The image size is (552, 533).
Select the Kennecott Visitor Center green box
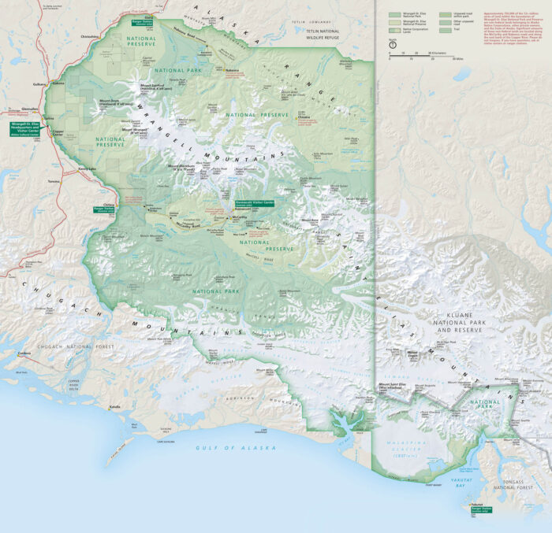tap(254, 202)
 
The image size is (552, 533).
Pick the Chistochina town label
tap(90, 35)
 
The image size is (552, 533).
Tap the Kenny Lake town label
tap(87, 168)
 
